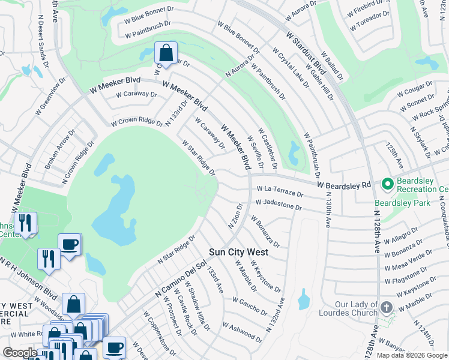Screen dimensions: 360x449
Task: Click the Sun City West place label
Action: pyautogui.click(x=238, y=252)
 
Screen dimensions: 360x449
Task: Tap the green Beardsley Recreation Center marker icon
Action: pyautogui.click(x=388, y=183)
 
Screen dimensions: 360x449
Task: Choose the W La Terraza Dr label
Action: pyautogui.click(x=279, y=191)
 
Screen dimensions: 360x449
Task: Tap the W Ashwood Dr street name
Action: pyautogui.click(x=244, y=331)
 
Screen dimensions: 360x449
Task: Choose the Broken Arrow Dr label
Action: pyautogui.click(x=60, y=148)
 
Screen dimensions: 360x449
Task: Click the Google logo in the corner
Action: pyautogui.click(x=20, y=353)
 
